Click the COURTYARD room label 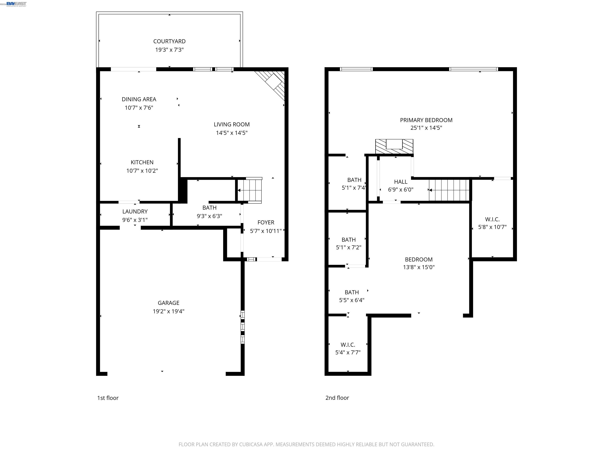169,41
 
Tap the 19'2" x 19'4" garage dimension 168,311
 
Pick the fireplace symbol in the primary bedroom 394,146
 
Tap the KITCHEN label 142,162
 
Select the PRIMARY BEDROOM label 426,120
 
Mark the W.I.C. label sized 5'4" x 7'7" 348,345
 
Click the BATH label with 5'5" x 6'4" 351,292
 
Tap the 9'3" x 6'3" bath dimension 209,216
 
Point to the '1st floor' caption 108,398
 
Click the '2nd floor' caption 337,398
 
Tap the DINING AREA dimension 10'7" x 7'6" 139,108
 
